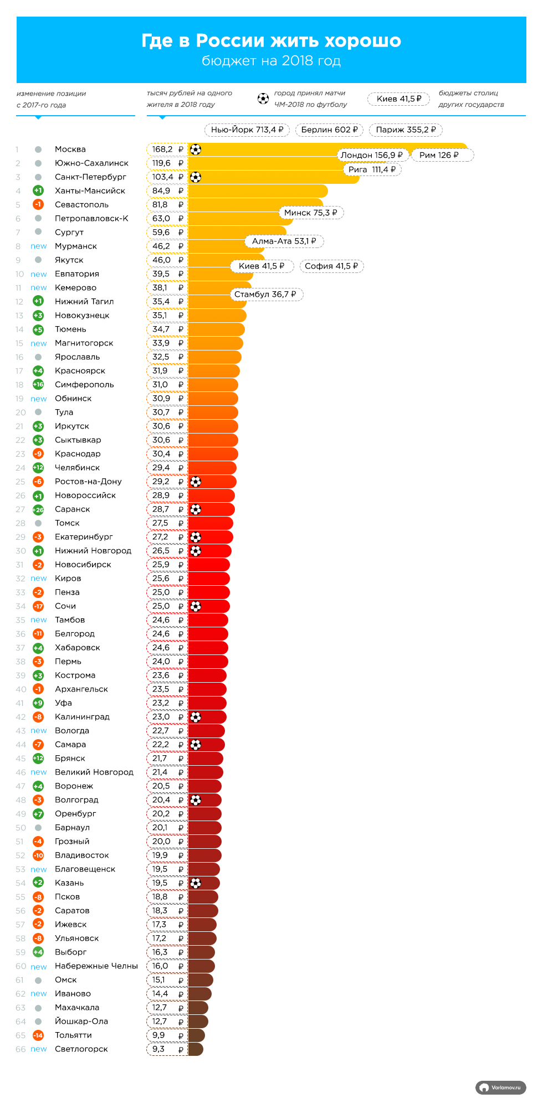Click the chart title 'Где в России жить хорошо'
point(271,41)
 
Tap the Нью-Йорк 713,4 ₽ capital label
point(247,130)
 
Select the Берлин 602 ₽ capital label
point(329,130)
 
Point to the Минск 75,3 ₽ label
point(310,213)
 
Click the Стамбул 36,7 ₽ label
point(265,295)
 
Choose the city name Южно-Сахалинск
point(91,163)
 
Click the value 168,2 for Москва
point(162,149)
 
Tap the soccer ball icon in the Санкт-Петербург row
point(196,177)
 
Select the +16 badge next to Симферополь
point(38,385)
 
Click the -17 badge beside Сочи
point(38,606)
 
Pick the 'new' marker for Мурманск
point(39,246)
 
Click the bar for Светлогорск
point(196,1049)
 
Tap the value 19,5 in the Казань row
point(160,883)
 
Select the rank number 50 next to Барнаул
point(21,828)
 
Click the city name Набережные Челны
point(96,966)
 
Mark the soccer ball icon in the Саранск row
point(196,509)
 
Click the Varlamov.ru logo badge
point(501,1088)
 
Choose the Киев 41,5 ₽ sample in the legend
point(399,99)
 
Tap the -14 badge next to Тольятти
point(38,1035)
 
